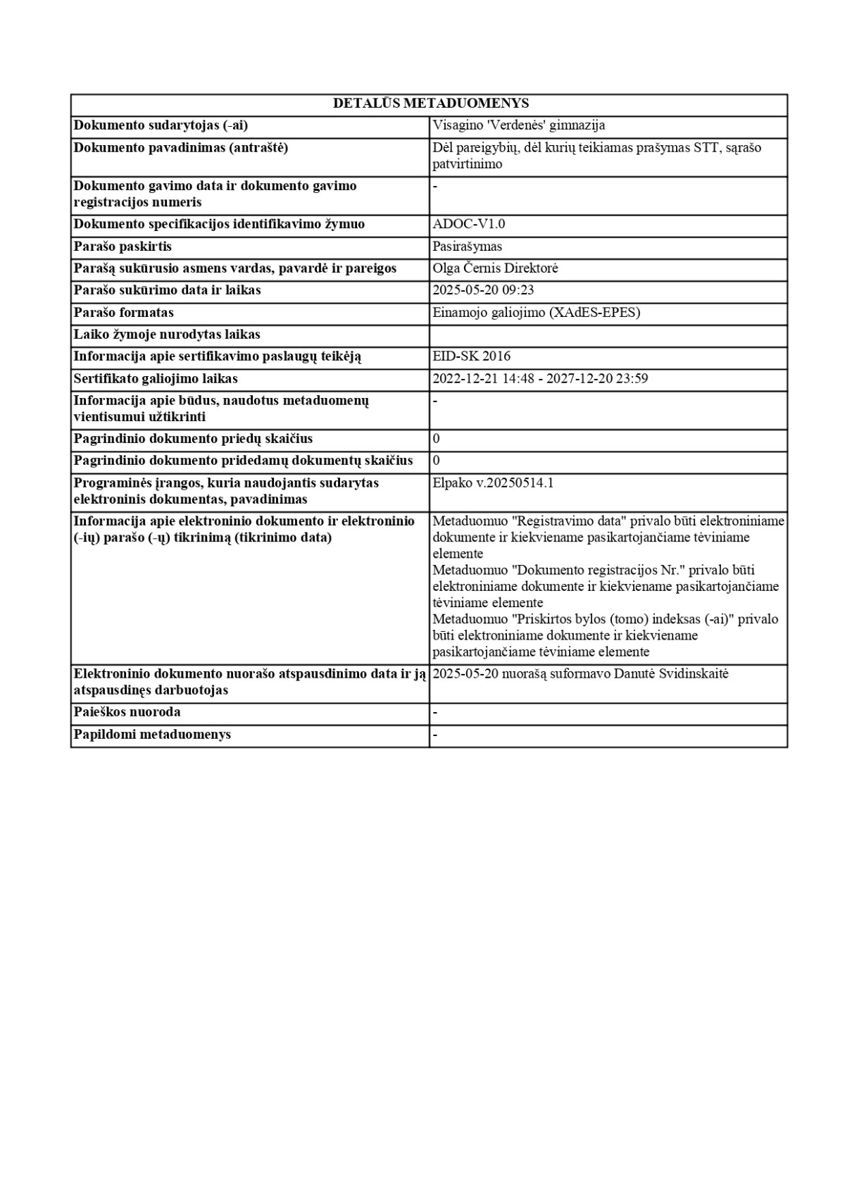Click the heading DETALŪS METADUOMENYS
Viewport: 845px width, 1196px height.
coord(430,104)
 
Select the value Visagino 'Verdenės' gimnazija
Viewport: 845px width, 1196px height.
coord(519,125)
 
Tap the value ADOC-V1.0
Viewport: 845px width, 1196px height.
coord(469,224)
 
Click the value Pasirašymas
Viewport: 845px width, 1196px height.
coord(467,247)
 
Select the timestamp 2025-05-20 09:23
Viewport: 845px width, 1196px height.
coord(483,290)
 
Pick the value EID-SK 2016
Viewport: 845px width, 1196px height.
coord(472,356)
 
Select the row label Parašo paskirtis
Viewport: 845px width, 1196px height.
coord(123,247)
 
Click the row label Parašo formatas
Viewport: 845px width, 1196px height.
coord(124,312)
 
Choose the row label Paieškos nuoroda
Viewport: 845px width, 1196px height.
coord(127,712)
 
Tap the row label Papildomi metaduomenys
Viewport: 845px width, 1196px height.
coord(153,735)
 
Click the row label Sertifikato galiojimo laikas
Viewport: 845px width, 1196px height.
coord(156,379)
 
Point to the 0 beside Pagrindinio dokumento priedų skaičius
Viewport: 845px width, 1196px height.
coord(437,439)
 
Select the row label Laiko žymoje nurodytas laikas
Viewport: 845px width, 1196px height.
coord(167,335)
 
